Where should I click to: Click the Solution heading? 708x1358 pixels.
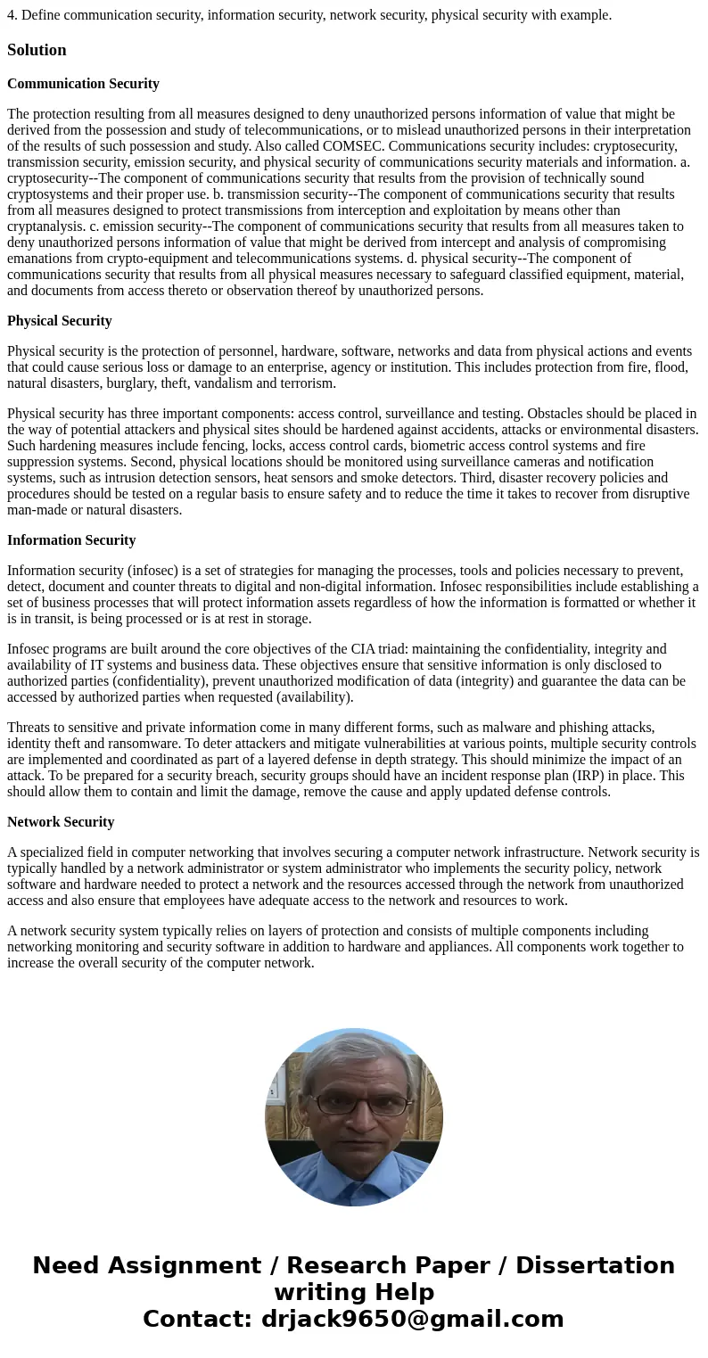pyautogui.click(x=37, y=50)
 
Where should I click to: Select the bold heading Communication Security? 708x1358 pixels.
pyautogui.click(x=83, y=84)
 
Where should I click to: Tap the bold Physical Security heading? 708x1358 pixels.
pyautogui.click(x=60, y=321)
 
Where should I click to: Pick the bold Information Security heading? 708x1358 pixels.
pyautogui.click(x=71, y=540)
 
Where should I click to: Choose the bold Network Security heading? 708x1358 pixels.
pyautogui.click(x=61, y=822)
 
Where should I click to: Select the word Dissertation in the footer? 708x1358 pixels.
pyautogui.click(x=595, y=1265)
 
